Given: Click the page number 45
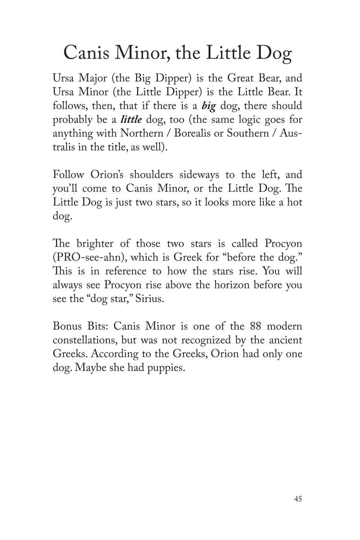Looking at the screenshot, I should (x=297, y=499).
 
